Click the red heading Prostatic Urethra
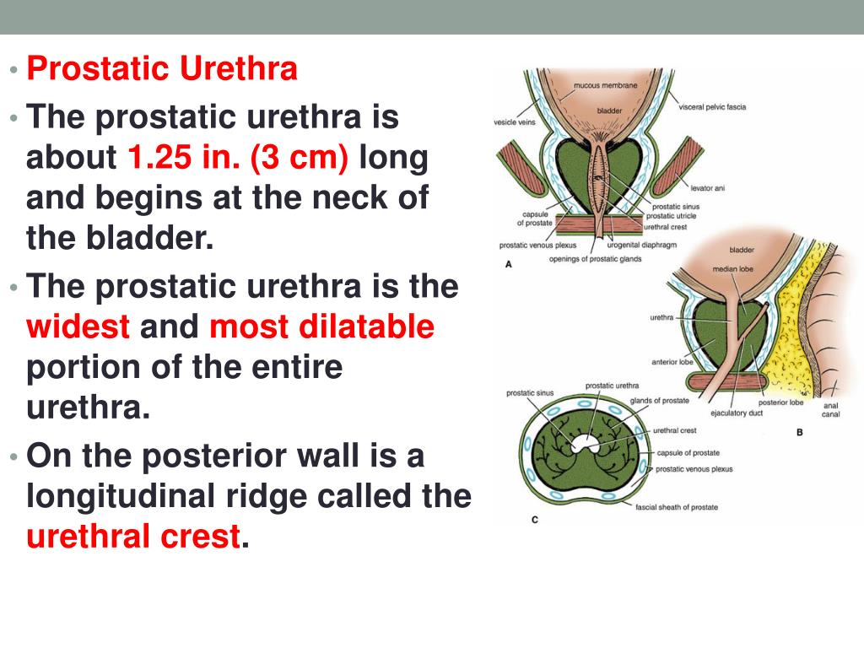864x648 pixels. pyautogui.click(x=162, y=69)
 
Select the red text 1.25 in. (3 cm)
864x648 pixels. pyautogui.click(x=237, y=157)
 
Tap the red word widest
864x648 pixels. pyautogui.click(x=78, y=327)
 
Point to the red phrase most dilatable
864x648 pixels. pyautogui.click(x=321, y=327)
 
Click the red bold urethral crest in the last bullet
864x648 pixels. pyautogui.click(x=133, y=537)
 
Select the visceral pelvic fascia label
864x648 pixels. pyautogui.click(x=712, y=107)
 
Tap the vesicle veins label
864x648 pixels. pyautogui.click(x=515, y=122)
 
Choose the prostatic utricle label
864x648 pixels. pyautogui.click(x=671, y=216)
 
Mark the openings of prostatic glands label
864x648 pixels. pyautogui.click(x=595, y=258)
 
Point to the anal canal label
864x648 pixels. pyautogui.click(x=830, y=409)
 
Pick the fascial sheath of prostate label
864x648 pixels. pyautogui.click(x=677, y=507)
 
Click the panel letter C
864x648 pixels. pyautogui.click(x=534, y=521)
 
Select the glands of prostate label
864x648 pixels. pyautogui.click(x=659, y=400)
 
